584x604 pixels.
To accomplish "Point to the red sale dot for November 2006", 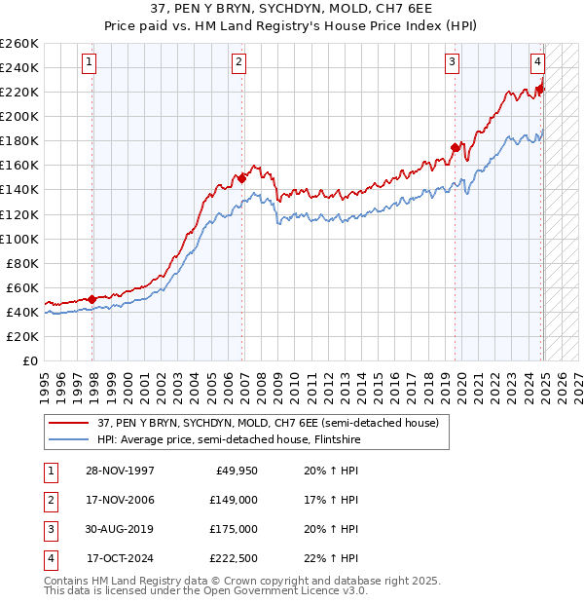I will (x=242, y=178).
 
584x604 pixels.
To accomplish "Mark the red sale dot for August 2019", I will (x=455, y=147).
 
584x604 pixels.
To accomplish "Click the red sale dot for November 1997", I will (x=92, y=299).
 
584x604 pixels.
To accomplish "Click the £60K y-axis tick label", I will (x=22, y=287).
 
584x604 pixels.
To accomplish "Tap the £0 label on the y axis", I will (x=29, y=360).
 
